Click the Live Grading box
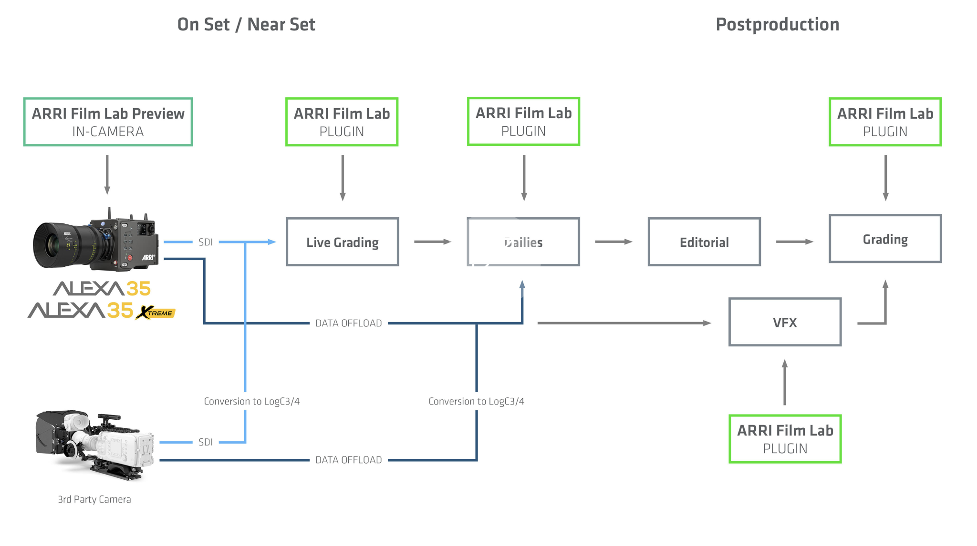point(342,242)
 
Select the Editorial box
point(704,242)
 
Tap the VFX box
point(784,322)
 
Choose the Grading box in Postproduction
point(885,239)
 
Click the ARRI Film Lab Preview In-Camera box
point(108,121)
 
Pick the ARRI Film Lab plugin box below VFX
point(785,438)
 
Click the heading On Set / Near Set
point(246,24)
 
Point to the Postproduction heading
point(777,24)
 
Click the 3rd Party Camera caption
point(94,499)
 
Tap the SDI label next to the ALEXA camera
point(206,242)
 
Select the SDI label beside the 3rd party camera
point(206,442)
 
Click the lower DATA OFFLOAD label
point(348,460)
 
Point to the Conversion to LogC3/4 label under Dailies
point(476,401)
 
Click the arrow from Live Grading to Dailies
point(432,242)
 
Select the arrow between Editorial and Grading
point(794,242)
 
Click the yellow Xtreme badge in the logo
point(156,313)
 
